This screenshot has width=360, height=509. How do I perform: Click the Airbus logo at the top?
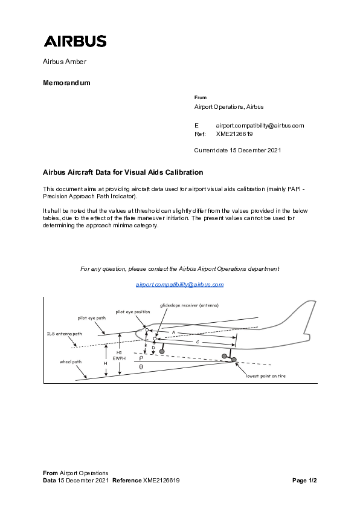point(75,41)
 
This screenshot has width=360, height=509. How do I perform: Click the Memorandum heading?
point(66,83)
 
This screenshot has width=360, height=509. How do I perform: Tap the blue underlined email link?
point(179,284)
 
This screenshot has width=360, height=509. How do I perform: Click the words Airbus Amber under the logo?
point(65,62)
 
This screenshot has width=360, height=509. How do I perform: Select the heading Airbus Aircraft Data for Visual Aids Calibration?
point(123,172)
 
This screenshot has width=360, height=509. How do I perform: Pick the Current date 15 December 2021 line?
point(237,150)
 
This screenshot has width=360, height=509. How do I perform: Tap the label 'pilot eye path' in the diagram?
point(91,317)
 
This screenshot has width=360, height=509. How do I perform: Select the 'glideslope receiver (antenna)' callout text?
point(189,305)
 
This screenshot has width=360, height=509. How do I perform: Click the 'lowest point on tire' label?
point(265,375)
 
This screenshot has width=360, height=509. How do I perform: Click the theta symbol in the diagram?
point(141,366)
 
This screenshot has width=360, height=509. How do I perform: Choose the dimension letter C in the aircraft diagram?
point(198,342)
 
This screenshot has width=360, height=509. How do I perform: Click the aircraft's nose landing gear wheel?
point(162,351)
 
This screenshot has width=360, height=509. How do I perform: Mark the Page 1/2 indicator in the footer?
point(304,481)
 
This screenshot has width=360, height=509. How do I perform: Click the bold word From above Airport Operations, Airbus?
point(201,97)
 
